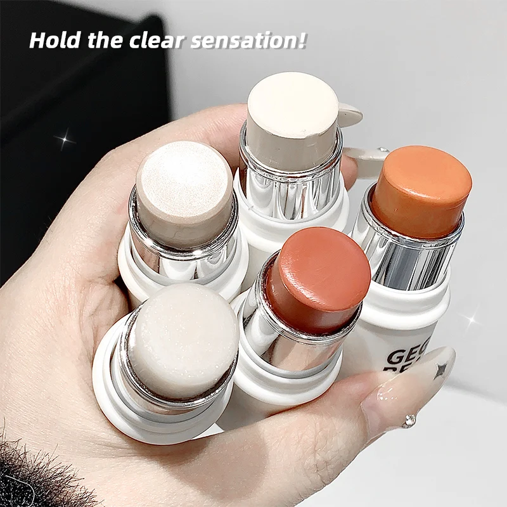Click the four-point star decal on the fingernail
coord(441,369)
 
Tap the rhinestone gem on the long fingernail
coord(410,421)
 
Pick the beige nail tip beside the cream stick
coord(350,115)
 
